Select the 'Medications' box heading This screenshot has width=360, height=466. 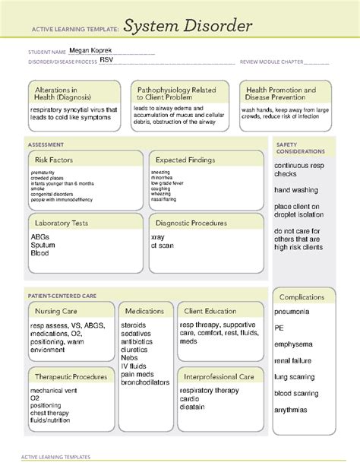click(x=144, y=311)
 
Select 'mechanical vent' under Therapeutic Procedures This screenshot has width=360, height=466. click(x=55, y=390)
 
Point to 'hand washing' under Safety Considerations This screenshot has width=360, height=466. click(x=297, y=189)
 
